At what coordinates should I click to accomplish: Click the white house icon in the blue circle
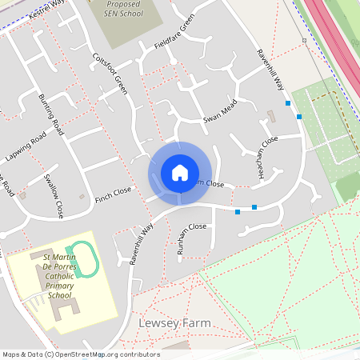point(180,172)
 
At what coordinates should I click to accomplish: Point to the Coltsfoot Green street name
point(110,74)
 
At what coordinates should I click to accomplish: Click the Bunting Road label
point(50,114)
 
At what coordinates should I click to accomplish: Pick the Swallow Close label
point(54,195)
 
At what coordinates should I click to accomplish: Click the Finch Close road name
point(113,194)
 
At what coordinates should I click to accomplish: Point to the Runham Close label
point(192,239)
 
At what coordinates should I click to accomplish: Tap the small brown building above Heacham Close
point(270,116)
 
